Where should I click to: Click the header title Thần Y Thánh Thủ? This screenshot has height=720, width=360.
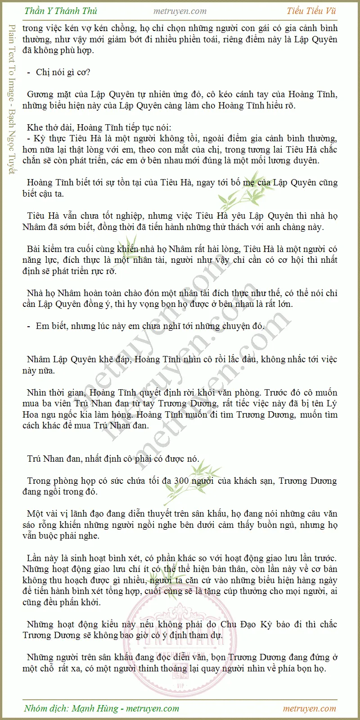point(61,11)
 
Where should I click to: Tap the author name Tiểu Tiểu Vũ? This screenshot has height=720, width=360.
point(311,11)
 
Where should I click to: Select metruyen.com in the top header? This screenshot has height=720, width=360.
point(180,11)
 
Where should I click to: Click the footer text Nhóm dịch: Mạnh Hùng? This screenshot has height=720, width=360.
point(72,708)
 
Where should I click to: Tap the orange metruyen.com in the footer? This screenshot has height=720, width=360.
point(310,708)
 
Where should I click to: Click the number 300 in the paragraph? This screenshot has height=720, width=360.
point(181,481)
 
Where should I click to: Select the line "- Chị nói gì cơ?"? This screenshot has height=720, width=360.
point(58,72)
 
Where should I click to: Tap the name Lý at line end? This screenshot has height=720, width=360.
point(332,403)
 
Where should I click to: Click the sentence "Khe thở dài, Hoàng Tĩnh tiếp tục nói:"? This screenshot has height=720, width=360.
point(99,127)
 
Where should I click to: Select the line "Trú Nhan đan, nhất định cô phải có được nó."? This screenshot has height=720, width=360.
point(113,459)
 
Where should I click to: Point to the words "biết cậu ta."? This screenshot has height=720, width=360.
point(43,193)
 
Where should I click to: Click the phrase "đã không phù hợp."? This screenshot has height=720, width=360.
point(58,50)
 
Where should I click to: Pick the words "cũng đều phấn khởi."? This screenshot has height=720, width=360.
point(62,602)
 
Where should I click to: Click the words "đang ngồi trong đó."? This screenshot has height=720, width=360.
point(60,491)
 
